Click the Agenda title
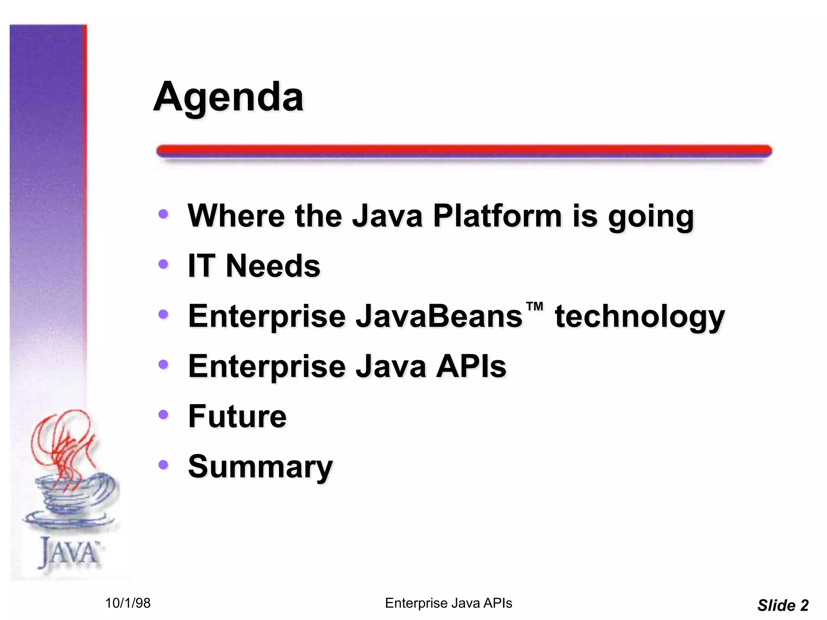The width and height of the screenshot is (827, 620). (228, 97)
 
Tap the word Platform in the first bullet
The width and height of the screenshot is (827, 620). (497, 216)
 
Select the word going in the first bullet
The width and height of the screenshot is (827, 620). (651, 217)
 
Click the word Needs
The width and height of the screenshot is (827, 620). (273, 266)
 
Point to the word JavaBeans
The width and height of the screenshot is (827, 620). (439, 316)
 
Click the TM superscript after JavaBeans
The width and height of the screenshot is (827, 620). (535, 307)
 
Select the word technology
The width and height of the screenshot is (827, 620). (640, 317)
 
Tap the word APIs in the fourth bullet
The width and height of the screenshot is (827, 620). (471, 366)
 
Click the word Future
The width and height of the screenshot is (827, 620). (237, 416)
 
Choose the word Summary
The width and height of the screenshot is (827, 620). (260, 467)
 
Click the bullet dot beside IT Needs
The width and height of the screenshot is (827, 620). (163, 264)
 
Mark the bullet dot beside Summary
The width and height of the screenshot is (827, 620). (163, 465)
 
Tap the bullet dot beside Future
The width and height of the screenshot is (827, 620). (163, 415)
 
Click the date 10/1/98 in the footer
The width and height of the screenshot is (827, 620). (128, 603)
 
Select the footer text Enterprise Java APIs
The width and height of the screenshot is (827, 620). (448, 603)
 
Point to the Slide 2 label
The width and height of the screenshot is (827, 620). (783, 605)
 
